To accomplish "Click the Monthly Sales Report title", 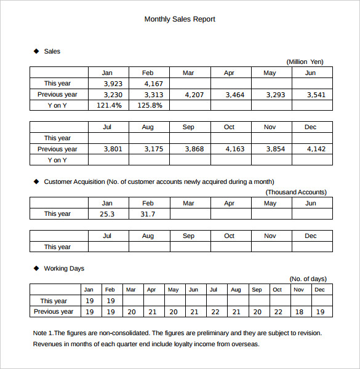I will [x=180, y=19].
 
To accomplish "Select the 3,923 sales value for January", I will [x=113, y=84].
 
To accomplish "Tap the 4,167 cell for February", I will [x=153, y=84].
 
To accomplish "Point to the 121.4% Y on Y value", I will [x=109, y=105].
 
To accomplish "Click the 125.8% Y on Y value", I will [x=150, y=105].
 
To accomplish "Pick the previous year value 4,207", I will [x=194, y=95].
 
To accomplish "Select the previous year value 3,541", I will [x=316, y=95].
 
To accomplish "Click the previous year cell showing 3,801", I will [x=113, y=149].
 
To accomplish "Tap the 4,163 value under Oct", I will [x=234, y=149].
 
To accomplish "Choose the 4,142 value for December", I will [x=316, y=149].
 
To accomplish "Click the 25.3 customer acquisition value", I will [x=107, y=214].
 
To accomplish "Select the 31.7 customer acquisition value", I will [x=148, y=214].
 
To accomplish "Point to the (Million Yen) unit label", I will [x=305, y=61].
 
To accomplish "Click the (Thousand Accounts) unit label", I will [x=296, y=192].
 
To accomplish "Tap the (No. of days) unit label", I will [x=308, y=279].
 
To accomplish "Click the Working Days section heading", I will [x=64, y=268].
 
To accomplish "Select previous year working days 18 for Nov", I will [x=299, y=312].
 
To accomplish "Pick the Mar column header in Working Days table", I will [x=130, y=290].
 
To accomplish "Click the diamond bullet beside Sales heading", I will [x=36, y=51].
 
